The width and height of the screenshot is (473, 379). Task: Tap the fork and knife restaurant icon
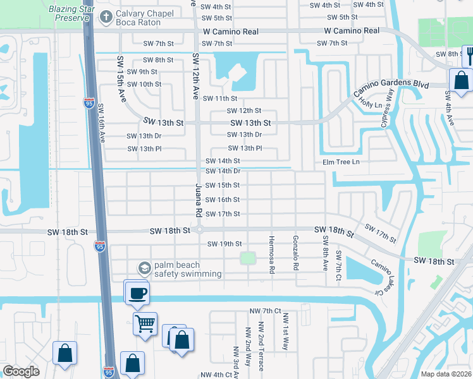pos(469,56)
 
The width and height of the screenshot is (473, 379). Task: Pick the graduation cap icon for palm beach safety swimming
pos(144,268)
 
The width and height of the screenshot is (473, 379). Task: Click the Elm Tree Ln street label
pos(341,162)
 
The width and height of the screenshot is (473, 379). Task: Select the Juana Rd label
pos(198,205)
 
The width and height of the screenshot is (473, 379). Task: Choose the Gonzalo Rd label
pos(295,253)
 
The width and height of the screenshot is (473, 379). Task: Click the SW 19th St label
pos(224,244)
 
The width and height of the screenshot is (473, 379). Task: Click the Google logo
pos(21,371)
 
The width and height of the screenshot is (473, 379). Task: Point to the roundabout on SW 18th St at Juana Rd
pos(199,231)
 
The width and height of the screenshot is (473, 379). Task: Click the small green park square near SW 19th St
pos(248,258)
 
